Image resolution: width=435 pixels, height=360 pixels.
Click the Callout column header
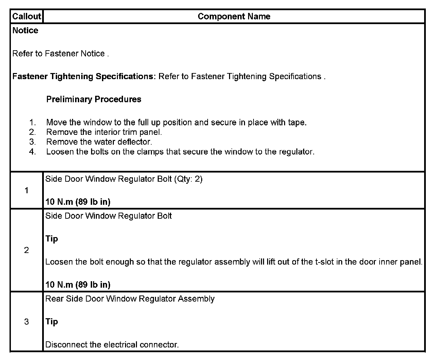(27, 16)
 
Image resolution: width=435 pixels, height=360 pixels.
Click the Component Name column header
(234, 16)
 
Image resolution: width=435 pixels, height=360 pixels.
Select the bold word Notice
(25, 31)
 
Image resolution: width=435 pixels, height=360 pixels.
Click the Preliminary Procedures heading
(94, 99)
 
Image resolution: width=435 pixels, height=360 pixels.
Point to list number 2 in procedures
(33, 132)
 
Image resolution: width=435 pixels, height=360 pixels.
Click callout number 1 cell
(27, 191)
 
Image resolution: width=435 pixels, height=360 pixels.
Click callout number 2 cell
(27, 250)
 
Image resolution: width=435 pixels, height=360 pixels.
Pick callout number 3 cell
(27, 322)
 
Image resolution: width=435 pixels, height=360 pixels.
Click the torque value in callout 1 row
(78, 202)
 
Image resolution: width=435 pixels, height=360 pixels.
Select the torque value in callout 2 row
(78, 285)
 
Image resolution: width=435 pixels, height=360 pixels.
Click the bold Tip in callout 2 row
(52, 239)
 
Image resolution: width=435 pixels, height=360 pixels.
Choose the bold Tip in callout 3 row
(52, 321)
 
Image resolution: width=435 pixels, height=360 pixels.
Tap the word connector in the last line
(161, 345)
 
